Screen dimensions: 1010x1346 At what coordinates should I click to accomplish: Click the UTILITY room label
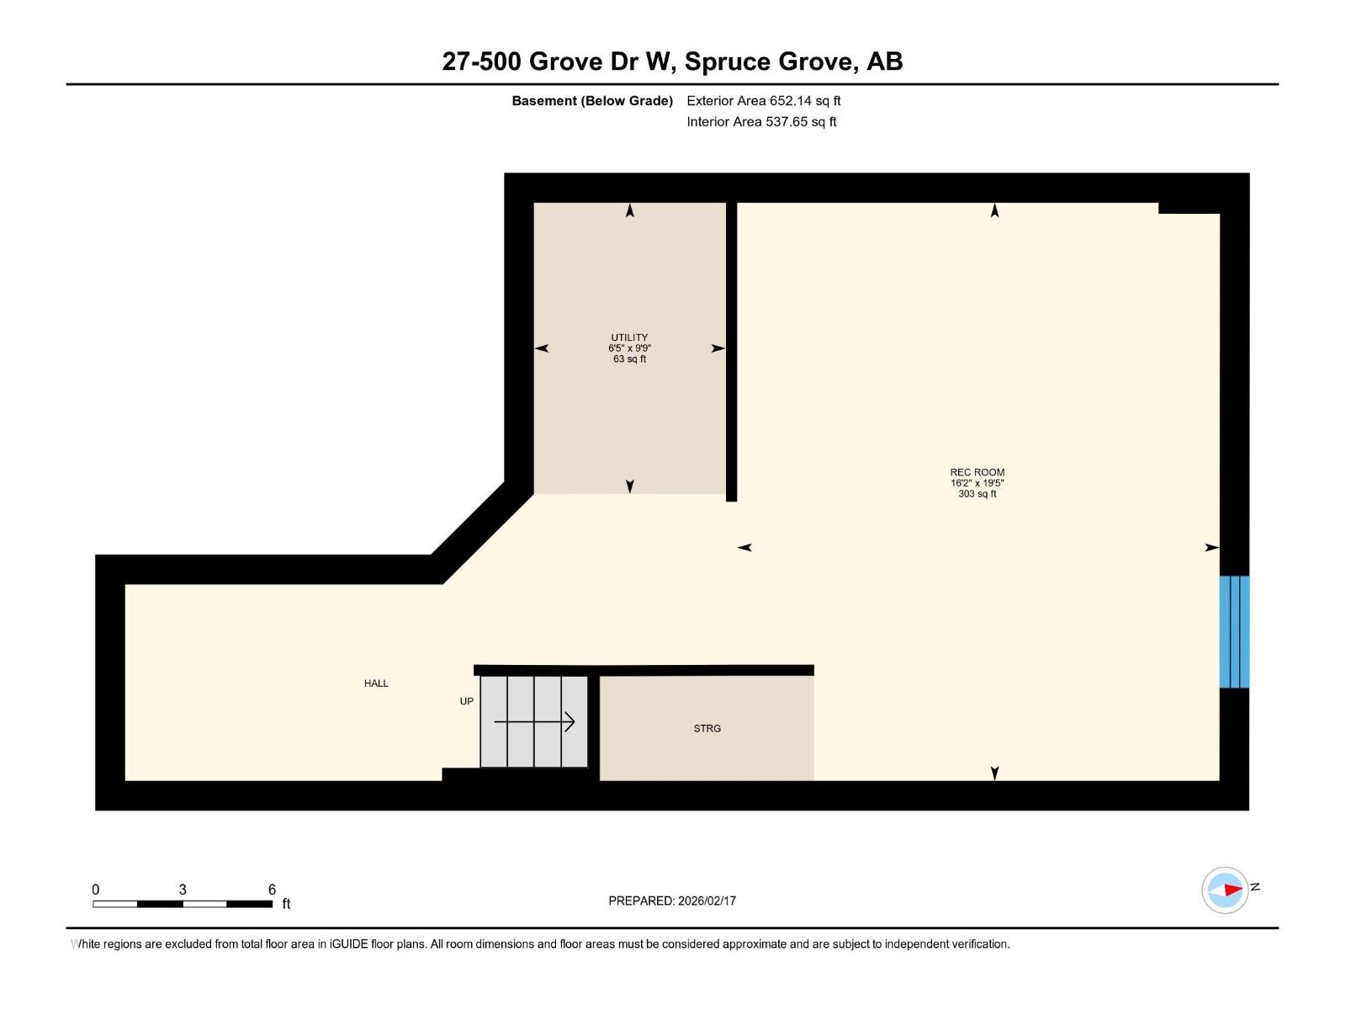pyautogui.click(x=629, y=338)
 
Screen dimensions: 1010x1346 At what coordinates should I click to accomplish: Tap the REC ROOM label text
pyautogui.click(x=977, y=472)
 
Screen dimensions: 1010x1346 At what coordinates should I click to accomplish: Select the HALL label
pyautogui.click(x=376, y=683)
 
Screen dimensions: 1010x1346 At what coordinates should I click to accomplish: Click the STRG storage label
pyautogui.click(x=707, y=729)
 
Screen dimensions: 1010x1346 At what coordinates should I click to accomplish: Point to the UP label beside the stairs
pyautogui.click(x=466, y=701)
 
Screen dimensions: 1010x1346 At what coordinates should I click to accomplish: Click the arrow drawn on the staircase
pyautogui.click(x=535, y=722)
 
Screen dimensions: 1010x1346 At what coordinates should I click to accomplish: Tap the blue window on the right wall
pyautogui.click(x=1234, y=631)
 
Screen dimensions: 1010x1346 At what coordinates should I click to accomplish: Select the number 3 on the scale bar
pyautogui.click(x=183, y=890)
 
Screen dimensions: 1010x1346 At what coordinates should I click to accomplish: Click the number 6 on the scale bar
pyautogui.click(x=272, y=890)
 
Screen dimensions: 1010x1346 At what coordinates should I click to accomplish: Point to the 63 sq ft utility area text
pyautogui.click(x=629, y=359)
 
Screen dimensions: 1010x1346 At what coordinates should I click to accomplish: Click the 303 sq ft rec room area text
pyautogui.click(x=977, y=494)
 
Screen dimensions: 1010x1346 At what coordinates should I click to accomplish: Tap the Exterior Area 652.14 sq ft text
pyautogui.click(x=763, y=101)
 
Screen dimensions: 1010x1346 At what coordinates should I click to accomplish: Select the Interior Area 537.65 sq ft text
pyautogui.click(x=761, y=122)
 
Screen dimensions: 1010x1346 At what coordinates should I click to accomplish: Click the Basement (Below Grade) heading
pyautogui.click(x=592, y=101)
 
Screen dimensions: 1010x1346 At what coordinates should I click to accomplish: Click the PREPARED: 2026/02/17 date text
pyautogui.click(x=672, y=901)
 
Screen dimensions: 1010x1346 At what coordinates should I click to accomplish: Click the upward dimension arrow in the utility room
pyautogui.click(x=630, y=210)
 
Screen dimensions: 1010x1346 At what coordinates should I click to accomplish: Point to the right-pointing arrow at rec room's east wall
pyautogui.click(x=1211, y=548)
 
